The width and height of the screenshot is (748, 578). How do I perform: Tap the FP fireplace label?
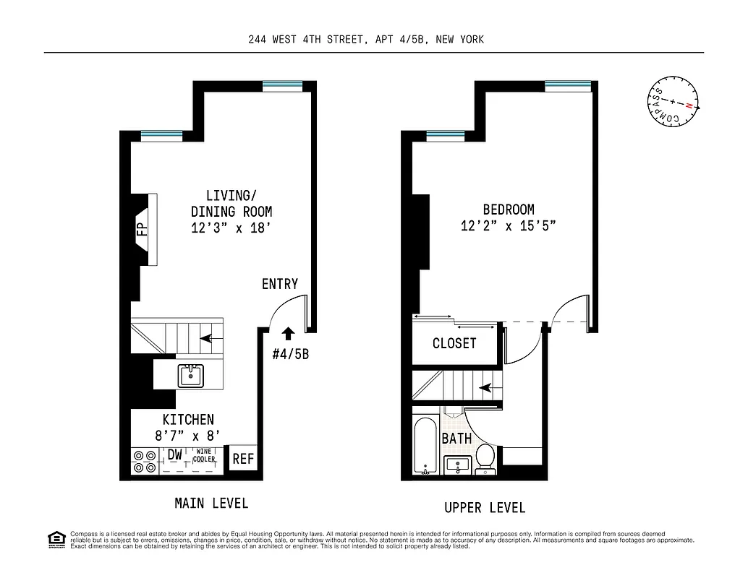[x=142, y=230]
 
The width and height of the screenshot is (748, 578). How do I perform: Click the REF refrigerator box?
[x=242, y=459]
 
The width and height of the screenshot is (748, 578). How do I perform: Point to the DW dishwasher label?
[x=174, y=455]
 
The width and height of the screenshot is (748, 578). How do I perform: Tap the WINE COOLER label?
[x=203, y=455]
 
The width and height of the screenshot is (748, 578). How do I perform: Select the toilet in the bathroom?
[x=485, y=458]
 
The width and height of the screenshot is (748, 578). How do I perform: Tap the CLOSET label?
[x=454, y=344]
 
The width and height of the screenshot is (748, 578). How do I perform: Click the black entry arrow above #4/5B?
[x=288, y=333]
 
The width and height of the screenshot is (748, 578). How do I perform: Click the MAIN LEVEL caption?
[x=211, y=503]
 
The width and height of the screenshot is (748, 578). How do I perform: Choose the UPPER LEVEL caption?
[x=485, y=508]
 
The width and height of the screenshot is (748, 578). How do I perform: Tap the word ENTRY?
[x=280, y=284]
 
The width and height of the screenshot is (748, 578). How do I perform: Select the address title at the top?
[x=365, y=40]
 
